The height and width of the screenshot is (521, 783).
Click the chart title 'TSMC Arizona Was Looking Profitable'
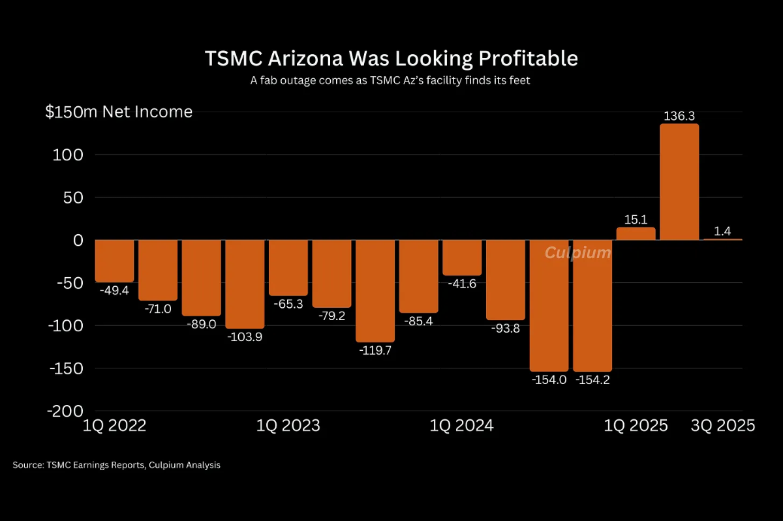pos(391,58)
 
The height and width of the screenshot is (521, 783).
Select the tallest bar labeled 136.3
pos(679,182)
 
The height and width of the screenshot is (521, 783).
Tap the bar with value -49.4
pos(115,261)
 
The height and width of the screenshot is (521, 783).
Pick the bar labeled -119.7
pos(375,291)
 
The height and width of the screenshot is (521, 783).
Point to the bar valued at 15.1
pos(636,233)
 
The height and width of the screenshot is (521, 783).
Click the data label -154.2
pos(592,380)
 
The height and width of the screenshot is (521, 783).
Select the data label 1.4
pos(723,230)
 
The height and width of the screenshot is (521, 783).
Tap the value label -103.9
pos(245,337)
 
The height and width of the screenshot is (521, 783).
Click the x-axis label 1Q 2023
pos(288,426)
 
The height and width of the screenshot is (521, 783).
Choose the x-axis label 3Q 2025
pos(723,426)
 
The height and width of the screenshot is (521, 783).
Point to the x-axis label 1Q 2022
pos(115,426)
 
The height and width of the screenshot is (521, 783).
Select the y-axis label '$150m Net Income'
pos(119,112)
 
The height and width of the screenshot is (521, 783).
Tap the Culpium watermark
pos(577,252)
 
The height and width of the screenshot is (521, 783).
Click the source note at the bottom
pos(116,466)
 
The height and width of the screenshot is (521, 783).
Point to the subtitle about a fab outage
pos(391,81)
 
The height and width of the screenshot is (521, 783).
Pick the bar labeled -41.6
pos(462,258)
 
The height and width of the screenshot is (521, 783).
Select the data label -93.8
pos(506,329)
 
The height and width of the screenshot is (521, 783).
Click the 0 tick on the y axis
pos(78,240)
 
